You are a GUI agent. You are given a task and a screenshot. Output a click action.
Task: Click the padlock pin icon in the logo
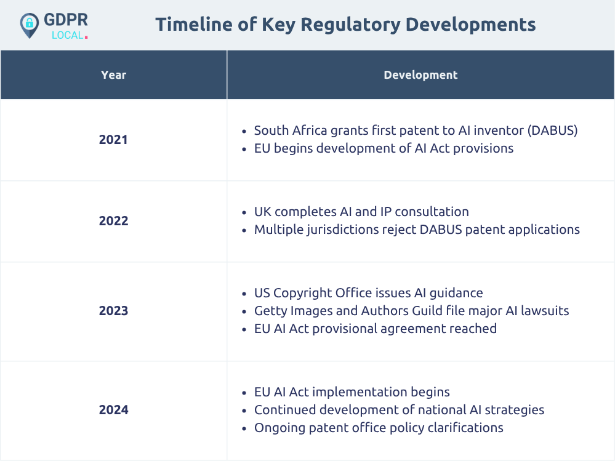30,25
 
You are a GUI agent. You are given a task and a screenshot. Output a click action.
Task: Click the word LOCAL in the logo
68,35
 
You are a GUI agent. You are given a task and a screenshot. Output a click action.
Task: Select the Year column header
114,75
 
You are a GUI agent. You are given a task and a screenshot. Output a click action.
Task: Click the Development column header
420,75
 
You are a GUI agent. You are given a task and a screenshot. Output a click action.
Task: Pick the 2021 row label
113,140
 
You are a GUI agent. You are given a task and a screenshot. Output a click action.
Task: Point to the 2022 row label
113,221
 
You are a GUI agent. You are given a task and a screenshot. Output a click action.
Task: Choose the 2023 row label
113,310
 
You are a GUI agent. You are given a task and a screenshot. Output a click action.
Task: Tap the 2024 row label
113,410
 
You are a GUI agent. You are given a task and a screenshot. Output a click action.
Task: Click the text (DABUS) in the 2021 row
552,130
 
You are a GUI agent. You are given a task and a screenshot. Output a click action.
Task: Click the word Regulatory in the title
351,25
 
